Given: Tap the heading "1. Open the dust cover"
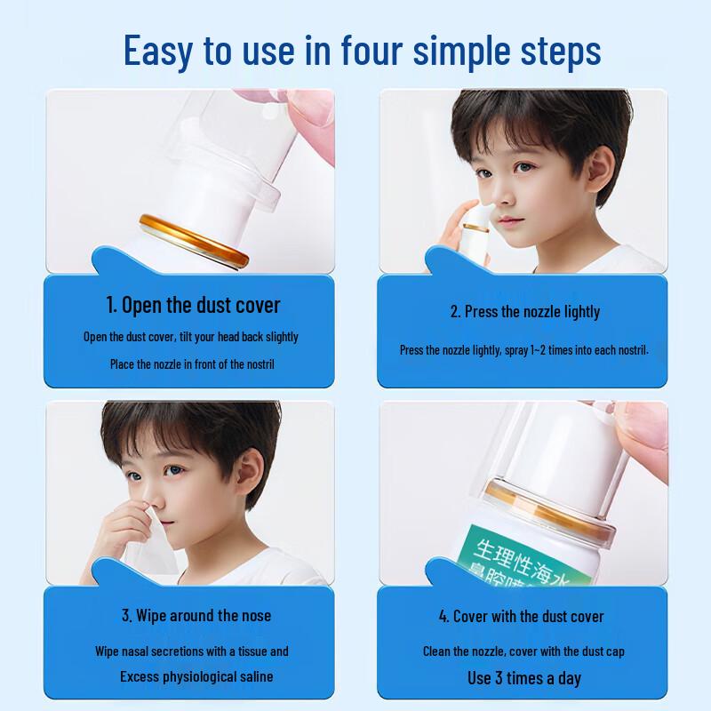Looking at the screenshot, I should pyautogui.click(x=193, y=306).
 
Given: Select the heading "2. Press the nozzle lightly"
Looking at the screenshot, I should pyautogui.click(x=524, y=311).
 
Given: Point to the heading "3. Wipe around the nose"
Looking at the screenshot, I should pyautogui.click(x=196, y=615).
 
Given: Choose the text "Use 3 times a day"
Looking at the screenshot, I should pyautogui.click(x=524, y=678).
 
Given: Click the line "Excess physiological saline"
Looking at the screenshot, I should pyautogui.click(x=196, y=676).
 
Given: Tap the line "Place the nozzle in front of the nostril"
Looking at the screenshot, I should pyautogui.click(x=191, y=363).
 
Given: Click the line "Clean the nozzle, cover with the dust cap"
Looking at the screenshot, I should pyautogui.click(x=524, y=651).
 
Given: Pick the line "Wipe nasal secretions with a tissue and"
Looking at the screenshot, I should pyautogui.click(x=192, y=651).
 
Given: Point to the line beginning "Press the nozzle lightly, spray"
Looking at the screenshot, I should pyautogui.click(x=524, y=350).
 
